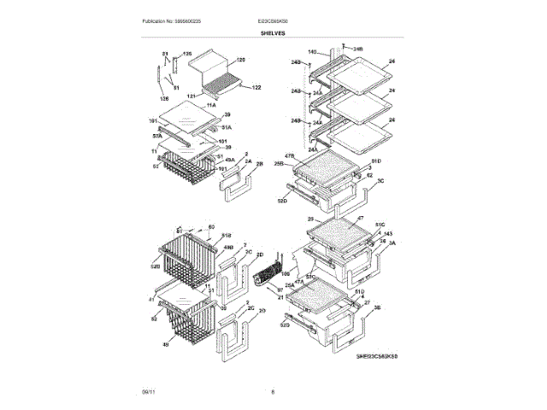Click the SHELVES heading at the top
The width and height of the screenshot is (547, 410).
(273, 32)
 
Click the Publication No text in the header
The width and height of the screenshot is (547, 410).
(166, 20)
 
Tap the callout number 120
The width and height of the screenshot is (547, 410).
(240, 60)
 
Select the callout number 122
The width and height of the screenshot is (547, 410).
(256, 87)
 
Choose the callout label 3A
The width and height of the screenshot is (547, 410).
(391, 243)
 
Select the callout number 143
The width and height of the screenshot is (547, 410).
(387, 233)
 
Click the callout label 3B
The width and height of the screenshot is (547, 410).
(377, 306)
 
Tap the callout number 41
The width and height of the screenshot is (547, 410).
(151, 300)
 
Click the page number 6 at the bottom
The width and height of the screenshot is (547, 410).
(273, 392)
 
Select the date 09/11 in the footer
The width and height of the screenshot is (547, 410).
(149, 392)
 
